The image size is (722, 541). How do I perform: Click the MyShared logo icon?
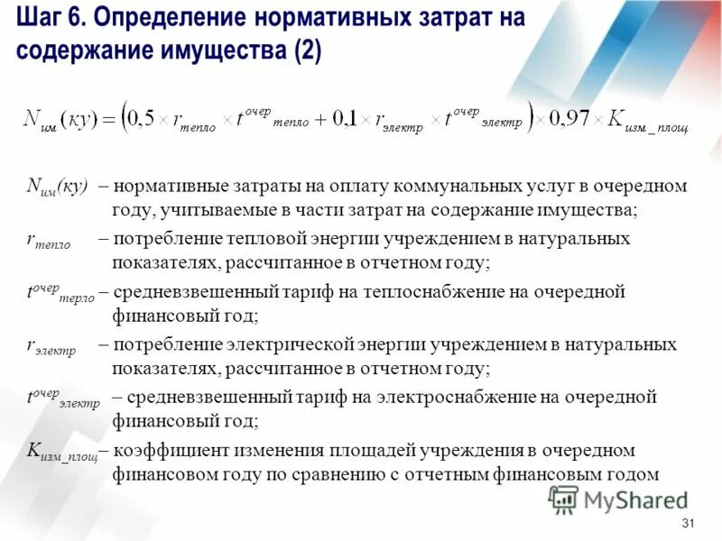pos(563,498)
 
